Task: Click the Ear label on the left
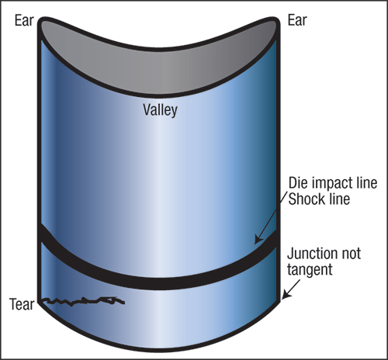tap(24, 20)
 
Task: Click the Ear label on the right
tap(297, 20)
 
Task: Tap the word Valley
tap(160, 110)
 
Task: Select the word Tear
tap(22, 304)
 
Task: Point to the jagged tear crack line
tap(83, 301)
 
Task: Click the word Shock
tap(304, 199)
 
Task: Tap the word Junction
tap(311, 254)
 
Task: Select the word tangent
tap(310, 270)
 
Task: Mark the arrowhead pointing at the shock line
tap(258, 239)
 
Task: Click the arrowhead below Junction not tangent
tap(286, 296)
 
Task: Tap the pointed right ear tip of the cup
tap(275, 19)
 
